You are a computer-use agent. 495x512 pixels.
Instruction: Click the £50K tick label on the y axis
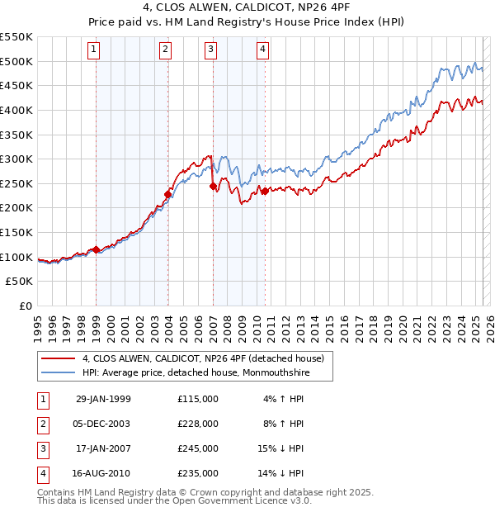20,282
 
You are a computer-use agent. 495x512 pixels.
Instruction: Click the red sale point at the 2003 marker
167,195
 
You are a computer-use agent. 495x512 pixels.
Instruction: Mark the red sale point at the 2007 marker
213,187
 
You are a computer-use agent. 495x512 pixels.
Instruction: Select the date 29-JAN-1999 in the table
103,398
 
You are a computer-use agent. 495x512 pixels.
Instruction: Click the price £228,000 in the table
198,423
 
